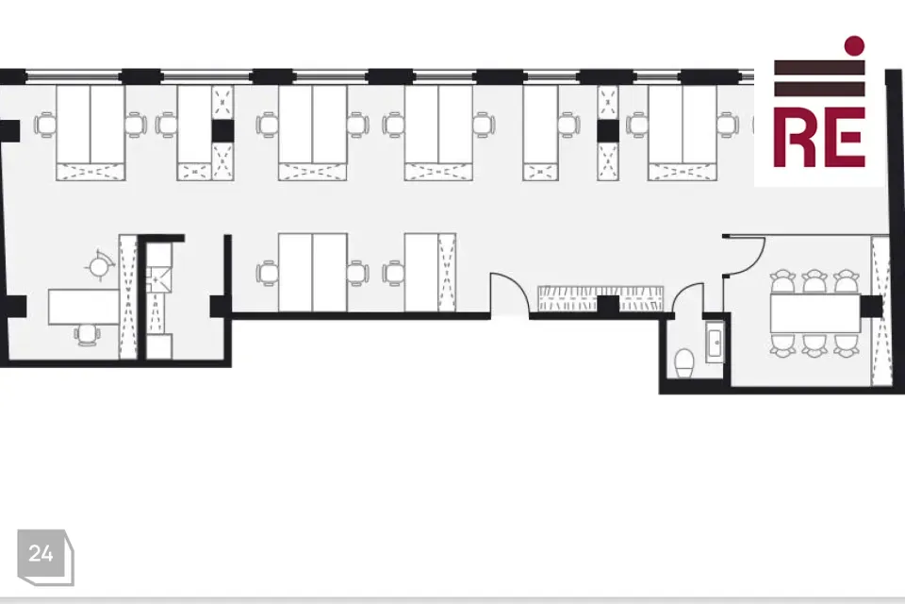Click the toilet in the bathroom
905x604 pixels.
tap(684, 363)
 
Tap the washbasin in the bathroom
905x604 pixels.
tap(715, 343)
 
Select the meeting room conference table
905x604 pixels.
tap(814, 312)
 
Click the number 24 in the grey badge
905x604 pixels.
tap(41, 554)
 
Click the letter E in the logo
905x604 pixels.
tap(843, 137)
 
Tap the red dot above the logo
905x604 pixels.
tap(854, 45)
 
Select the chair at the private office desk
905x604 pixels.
tap(86, 335)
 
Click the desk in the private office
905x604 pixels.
tap(84, 307)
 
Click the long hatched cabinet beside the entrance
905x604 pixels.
tap(601, 299)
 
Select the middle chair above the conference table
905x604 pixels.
tap(814, 281)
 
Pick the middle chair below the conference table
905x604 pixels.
tap(814, 344)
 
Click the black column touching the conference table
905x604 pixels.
tap(871, 307)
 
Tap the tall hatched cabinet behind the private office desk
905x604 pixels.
tap(127, 297)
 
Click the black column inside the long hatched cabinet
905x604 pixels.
tap(608, 305)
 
